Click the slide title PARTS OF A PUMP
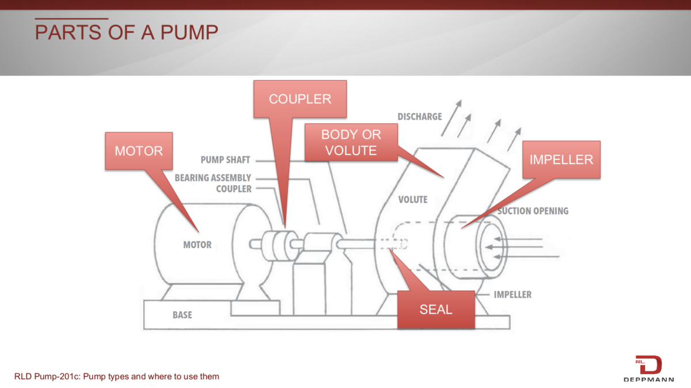pyautogui.click(x=126, y=32)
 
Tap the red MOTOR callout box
pyautogui.click(x=138, y=151)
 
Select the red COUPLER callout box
pyautogui.click(x=300, y=99)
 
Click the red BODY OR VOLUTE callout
pyautogui.click(x=351, y=142)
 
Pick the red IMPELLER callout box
pyautogui.click(x=561, y=159)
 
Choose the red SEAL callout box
pyautogui.click(x=436, y=309)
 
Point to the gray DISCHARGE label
pyautogui.click(x=420, y=117)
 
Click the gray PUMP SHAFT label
pyautogui.click(x=225, y=160)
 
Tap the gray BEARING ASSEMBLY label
pyautogui.click(x=213, y=178)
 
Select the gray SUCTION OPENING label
pyautogui.click(x=533, y=211)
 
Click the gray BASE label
pyautogui.click(x=183, y=315)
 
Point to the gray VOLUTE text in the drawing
pyautogui.click(x=413, y=200)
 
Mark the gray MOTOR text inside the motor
pyautogui.click(x=198, y=245)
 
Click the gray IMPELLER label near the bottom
pyautogui.click(x=512, y=295)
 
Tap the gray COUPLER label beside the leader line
pyautogui.click(x=234, y=188)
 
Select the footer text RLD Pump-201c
pyautogui.click(x=117, y=376)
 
